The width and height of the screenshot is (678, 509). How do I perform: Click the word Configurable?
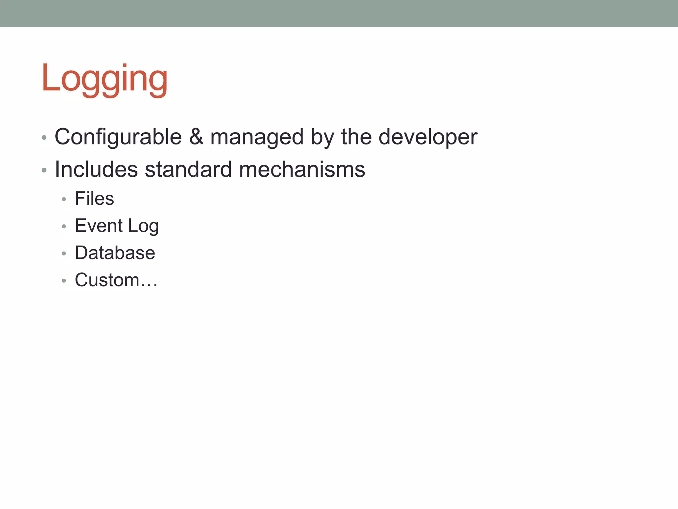[118, 137]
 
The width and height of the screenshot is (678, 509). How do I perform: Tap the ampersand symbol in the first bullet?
[196, 137]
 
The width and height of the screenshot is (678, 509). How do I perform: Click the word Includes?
[96, 169]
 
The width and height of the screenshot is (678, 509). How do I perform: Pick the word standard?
[188, 169]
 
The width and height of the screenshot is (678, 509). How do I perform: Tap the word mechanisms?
[302, 169]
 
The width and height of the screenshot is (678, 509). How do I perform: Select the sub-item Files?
[94, 198]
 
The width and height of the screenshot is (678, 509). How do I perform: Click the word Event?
[99, 226]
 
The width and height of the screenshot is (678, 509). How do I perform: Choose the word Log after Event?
[143, 226]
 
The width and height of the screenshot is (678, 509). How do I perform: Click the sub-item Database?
[115, 253]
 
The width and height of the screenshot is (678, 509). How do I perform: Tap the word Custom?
[107, 280]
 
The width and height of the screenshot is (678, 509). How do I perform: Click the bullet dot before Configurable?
[44, 138]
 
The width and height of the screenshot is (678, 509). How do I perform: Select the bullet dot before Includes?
[44, 170]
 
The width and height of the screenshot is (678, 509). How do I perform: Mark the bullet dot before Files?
[64, 199]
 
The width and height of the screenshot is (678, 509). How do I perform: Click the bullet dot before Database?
[64, 254]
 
